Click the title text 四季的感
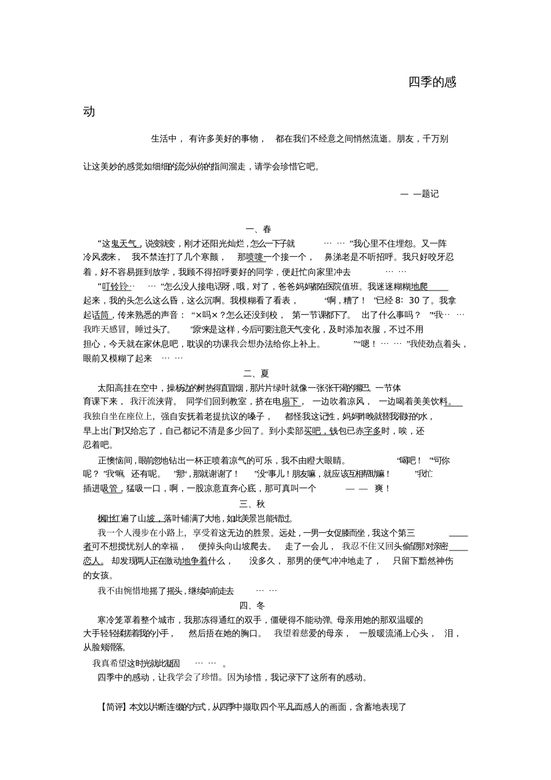point(432,82)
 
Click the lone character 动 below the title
point(89,111)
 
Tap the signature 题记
point(430,194)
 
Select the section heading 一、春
point(259,229)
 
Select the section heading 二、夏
point(256,373)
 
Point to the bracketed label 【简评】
point(112,707)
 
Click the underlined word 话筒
point(101,315)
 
